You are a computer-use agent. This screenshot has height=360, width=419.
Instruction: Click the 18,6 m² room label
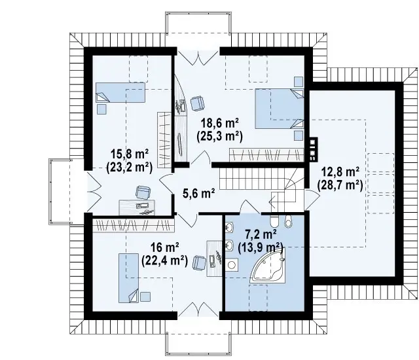(220, 124)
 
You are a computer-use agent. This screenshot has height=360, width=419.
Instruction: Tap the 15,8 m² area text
(130, 154)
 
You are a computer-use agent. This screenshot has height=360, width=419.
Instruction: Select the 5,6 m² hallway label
(199, 193)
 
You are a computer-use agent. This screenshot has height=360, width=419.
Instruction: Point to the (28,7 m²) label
(340, 185)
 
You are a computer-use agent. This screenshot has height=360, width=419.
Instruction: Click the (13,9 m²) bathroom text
(261, 247)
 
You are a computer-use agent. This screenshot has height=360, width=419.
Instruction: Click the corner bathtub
(267, 265)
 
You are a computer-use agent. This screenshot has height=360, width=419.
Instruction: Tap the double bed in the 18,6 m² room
(280, 109)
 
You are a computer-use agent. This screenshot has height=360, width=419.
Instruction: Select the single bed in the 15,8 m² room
(120, 92)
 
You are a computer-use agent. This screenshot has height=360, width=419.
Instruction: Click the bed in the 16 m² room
(129, 278)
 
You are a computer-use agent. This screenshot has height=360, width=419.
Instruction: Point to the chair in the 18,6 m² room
(197, 103)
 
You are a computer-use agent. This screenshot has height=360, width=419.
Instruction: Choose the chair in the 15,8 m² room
(143, 192)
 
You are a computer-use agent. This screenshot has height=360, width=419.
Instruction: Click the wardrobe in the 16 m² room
(133, 226)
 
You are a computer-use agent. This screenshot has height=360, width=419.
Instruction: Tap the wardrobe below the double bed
(266, 155)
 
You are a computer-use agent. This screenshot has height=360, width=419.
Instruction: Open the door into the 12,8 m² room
(312, 199)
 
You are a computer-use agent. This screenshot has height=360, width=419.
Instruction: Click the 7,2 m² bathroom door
(250, 207)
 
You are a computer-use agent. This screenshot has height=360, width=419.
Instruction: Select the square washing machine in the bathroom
(231, 264)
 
